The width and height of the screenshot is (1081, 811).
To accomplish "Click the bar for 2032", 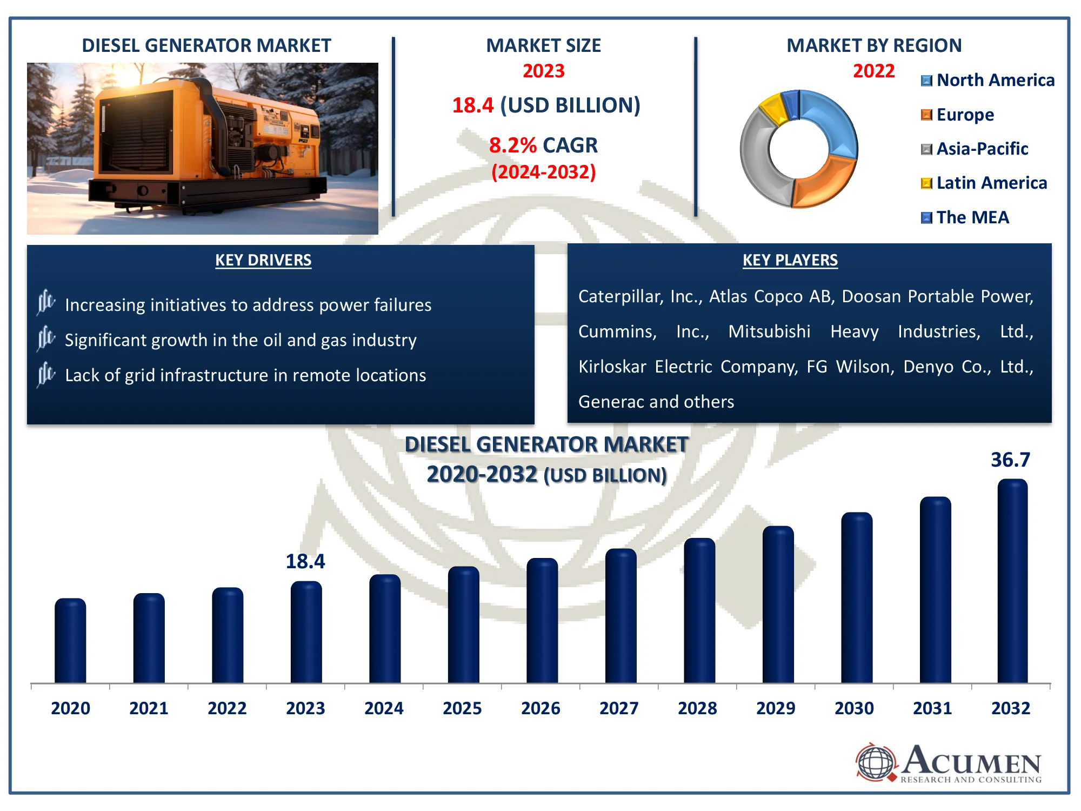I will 1012,581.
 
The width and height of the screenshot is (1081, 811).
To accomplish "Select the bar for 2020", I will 70,641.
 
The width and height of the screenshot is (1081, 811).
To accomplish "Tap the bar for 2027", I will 620,616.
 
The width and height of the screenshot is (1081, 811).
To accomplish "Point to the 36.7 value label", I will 1010,460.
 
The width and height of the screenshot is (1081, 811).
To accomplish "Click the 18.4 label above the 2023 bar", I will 305,562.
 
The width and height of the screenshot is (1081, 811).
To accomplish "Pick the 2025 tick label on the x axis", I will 462,708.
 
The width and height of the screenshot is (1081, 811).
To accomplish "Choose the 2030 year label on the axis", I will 854,708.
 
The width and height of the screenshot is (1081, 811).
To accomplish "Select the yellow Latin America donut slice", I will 773,108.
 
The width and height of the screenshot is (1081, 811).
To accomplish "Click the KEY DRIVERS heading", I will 263,260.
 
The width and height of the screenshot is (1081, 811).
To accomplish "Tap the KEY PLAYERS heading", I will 790,260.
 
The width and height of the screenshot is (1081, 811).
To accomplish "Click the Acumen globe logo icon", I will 876,762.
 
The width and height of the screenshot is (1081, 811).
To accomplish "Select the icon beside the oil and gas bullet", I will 46,339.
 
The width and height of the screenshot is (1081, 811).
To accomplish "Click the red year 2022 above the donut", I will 873,71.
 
